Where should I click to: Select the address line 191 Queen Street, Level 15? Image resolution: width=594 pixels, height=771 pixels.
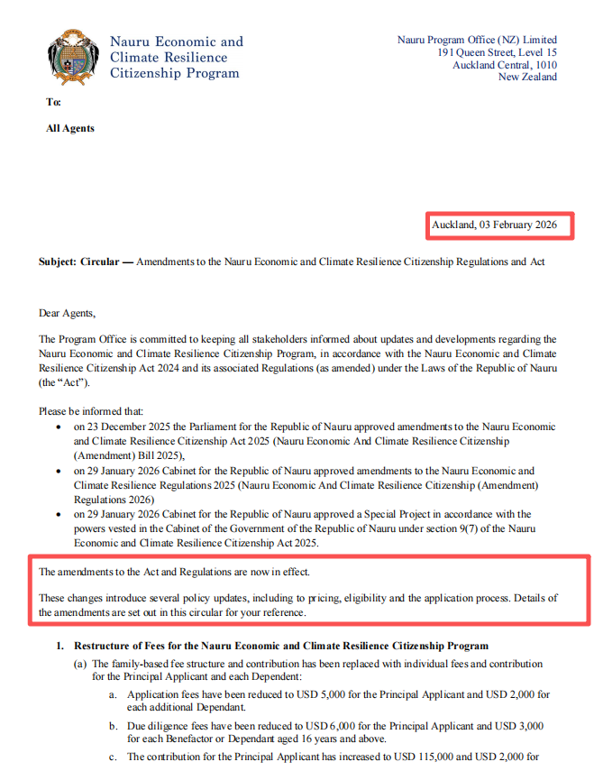click(x=497, y=52)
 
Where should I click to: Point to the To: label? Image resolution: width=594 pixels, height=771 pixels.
click(x=53, y=103)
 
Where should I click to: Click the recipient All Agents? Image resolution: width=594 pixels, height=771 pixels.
click(x=70, y=129)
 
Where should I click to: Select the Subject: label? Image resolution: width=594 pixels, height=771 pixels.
click(x=58, y=262)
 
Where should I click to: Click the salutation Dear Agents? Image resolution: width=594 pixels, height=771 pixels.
click(x=66, y=314)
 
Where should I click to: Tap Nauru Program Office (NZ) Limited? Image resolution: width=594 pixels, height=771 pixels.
click(x=477, y=40)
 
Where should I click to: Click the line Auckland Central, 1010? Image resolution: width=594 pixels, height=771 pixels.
click(x=505, y=65)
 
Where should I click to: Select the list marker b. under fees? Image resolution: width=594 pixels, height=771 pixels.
click(x=114, y=726)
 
